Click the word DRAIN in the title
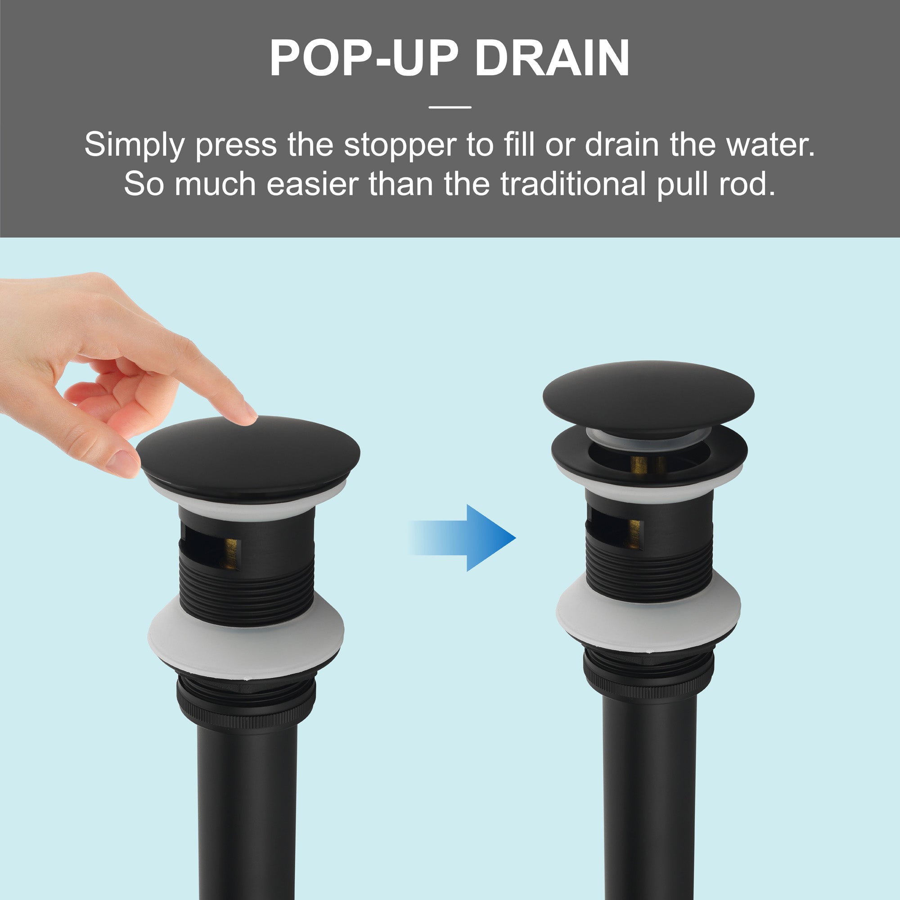[x=553, y=58]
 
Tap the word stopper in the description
[x=400, y=146]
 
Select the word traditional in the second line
[x=572, y=184]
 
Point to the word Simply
[x=135, y=146]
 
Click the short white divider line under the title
[x=450, y=107]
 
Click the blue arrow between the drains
[x=462, y=538]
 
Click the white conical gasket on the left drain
[x=246, y=641]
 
